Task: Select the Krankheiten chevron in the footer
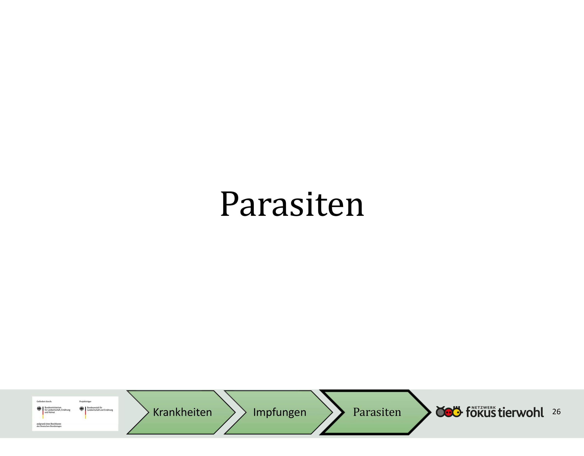(181, 412)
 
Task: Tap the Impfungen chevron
(278, 412)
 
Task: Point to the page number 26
(556, 412)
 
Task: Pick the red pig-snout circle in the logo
(449, 413)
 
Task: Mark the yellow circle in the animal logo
(457, 413)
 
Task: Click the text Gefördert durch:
(44, 401)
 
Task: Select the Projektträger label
(85, 401)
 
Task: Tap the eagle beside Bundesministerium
(39, 409)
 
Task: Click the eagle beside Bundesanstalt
(82, 409)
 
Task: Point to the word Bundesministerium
(53, 408)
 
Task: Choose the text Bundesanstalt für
(95, 408)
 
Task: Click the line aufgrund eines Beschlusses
(49, 424)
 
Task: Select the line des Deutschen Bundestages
(49, 426)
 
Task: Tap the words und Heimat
(50, 412)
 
